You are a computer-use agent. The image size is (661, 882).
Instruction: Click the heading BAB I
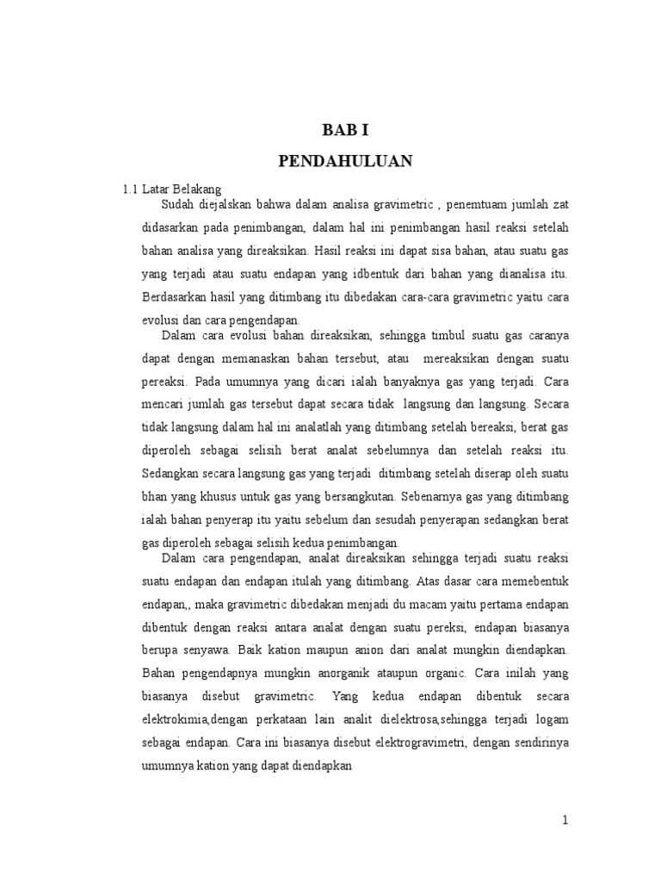(x=346, y=131)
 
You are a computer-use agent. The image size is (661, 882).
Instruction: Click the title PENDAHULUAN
(x=346, y=161)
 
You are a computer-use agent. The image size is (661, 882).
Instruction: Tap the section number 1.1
(x=131, y=188)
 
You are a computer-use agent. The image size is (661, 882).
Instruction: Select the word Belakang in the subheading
(x=200, y=188)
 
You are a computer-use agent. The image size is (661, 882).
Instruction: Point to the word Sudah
(x=176, y=204)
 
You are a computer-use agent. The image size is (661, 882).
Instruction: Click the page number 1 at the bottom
(x=565, y=821)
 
